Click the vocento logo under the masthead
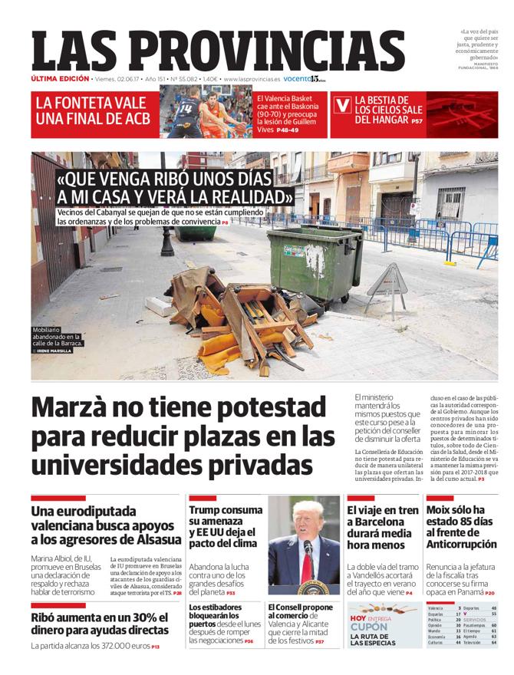305,79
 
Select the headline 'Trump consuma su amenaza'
225,526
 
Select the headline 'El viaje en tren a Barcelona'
383,526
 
